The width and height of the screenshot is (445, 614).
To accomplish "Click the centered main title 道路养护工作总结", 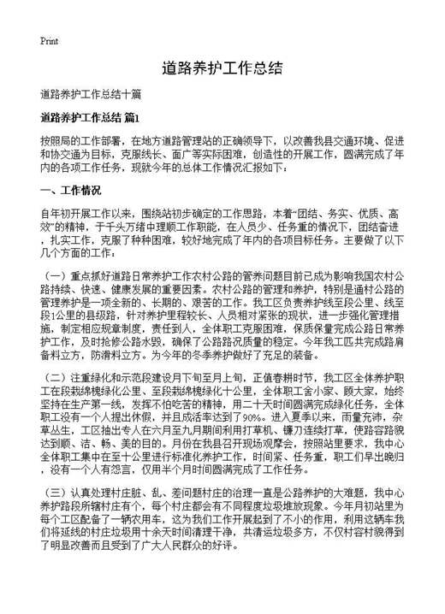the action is click(x=222, y=69).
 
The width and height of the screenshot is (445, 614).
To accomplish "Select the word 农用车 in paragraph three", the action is click(x=175, y=522).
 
